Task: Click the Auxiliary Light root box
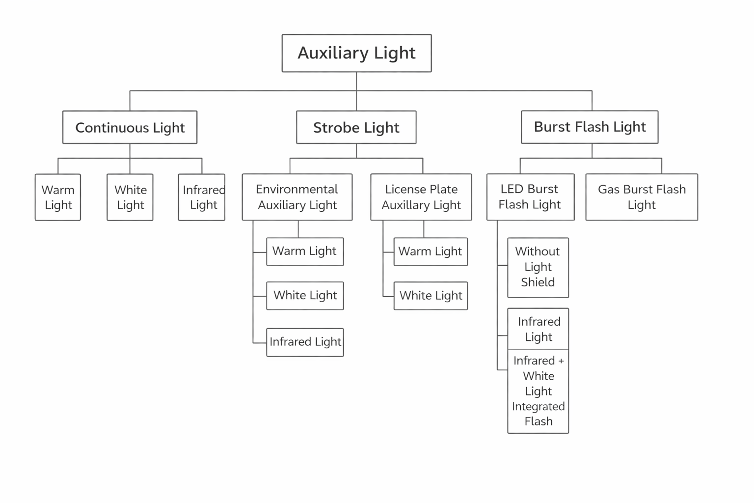click(x=356, y=53)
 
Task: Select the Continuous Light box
click(x=130, y=127)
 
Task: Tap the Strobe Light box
click(x=356, y=127)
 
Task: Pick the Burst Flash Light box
click(x=590, y=127)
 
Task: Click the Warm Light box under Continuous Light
click(x=58, y=197)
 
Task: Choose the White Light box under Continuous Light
click(x=130, y=197)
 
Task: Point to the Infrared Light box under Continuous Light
click(x=202, y=197)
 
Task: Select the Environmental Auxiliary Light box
click(x=297, y=197)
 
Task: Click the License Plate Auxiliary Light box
click(x=421, y=197)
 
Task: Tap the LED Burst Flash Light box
click(x=530, y=196)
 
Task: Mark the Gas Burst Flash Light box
click(x=642, y=197)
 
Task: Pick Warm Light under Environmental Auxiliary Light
click(x=305, y=251)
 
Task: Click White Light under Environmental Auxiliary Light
click(x=305, y=296)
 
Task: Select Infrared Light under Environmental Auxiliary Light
click(x=305, y=342)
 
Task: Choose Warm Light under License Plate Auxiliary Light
click(x=431, y=251)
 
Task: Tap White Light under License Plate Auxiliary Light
click(x=431, y=296)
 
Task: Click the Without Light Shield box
click(x=538, y=267)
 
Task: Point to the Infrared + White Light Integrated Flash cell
click(x=538, y=391)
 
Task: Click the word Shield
click(x=538, y=282)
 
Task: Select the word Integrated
click(x=538, y=407)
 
